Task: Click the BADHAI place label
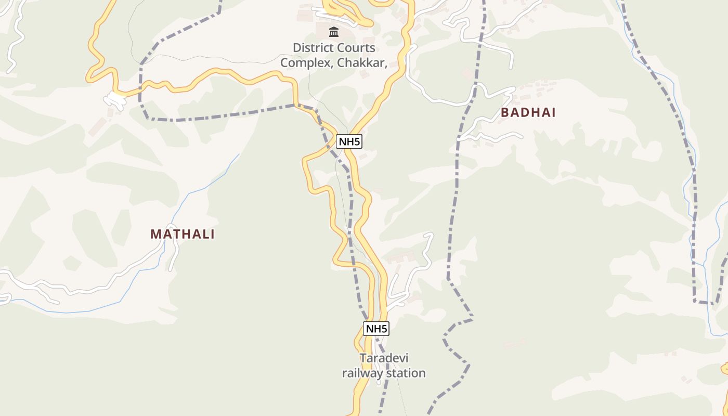[528, 112]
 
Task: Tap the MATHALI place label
[183, 234]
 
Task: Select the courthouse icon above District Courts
[334, 32]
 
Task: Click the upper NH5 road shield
[349, 141]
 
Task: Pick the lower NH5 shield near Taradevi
[376, 329]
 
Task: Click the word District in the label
[312, 48]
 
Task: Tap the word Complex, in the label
[307, 63]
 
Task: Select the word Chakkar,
[362, 63]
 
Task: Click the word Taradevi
[384, 358]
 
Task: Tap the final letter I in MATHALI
[212, 234]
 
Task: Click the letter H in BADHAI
[536, 112]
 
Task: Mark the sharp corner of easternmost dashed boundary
[695, 301]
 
